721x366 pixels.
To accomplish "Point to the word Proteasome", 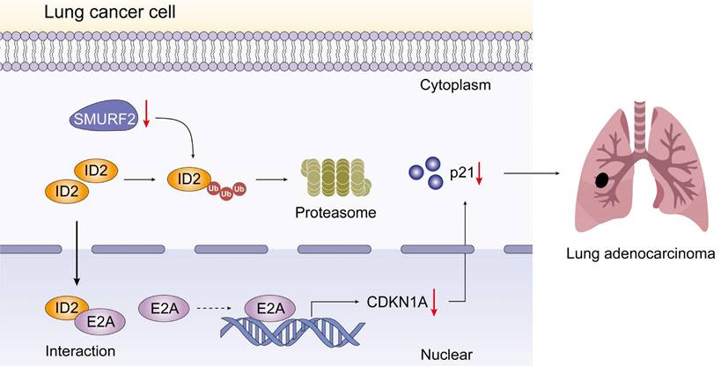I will point(335,213).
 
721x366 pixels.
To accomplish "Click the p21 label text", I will point(460,172).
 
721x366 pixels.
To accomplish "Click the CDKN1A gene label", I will point(396,303).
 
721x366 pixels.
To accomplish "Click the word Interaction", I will point(80,351).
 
